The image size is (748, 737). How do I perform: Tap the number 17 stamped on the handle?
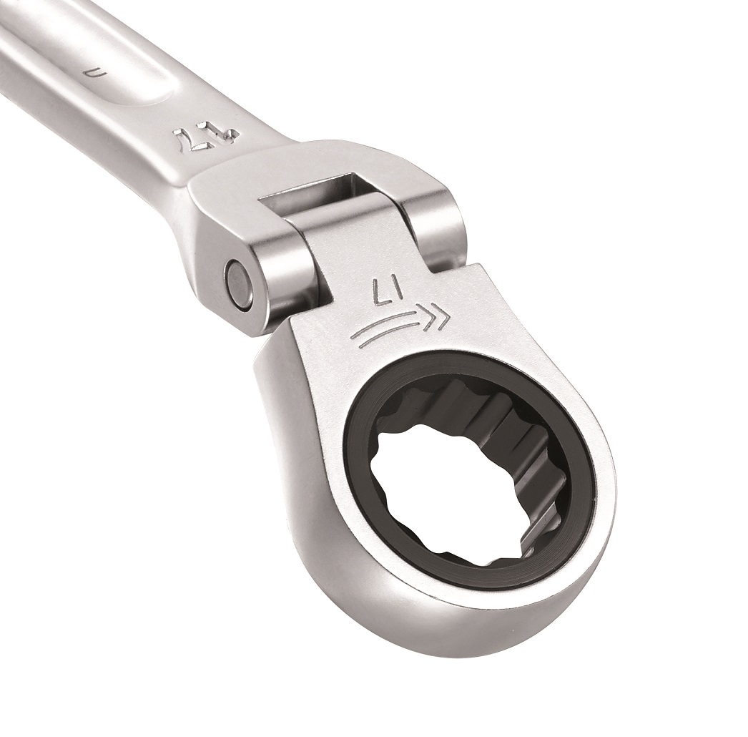coord(188,137)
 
